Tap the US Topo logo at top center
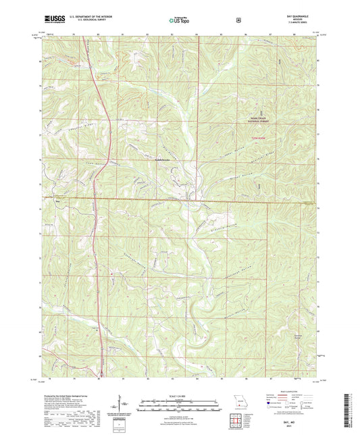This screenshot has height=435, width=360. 179,21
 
